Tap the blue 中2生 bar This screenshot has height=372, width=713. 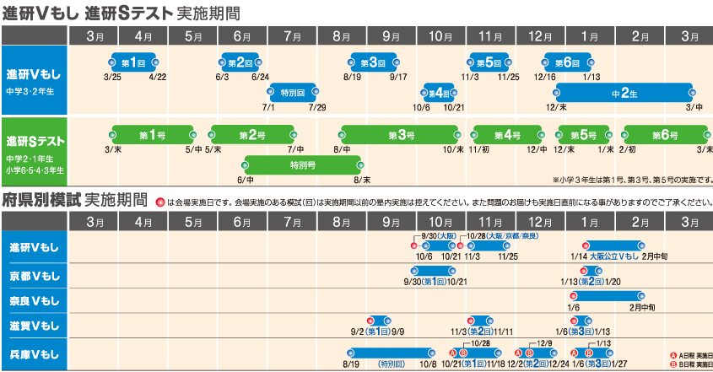click(x=624, y=92)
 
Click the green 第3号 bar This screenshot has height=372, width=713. click(x=402, y=134)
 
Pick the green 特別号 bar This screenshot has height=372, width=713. click(x=303, y=164)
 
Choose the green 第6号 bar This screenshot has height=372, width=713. click(x=667, y=134)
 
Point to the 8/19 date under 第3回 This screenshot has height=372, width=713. click(x=353, y=77)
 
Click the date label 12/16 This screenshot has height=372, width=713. click(x=545, y=77)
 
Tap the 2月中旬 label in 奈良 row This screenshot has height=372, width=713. click(x=645, y=308)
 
